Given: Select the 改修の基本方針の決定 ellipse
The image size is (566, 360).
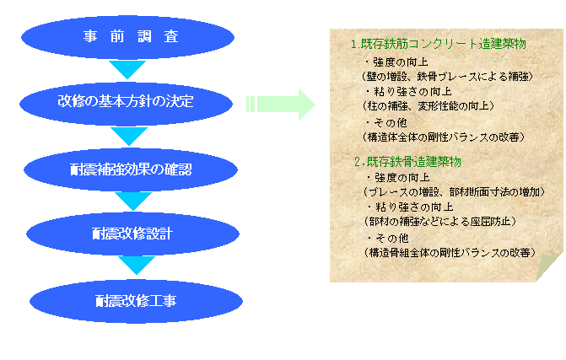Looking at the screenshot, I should pos(127,102).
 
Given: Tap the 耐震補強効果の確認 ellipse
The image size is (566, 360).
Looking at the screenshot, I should pos(130,169).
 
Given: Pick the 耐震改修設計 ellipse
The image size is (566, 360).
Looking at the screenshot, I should pos(132,233).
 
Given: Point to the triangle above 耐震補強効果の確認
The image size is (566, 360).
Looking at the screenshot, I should pos(128,135).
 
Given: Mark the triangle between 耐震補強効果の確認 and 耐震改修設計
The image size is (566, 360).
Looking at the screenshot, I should pos(132,201).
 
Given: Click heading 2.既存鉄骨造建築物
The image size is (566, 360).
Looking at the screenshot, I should pos(407,161).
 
